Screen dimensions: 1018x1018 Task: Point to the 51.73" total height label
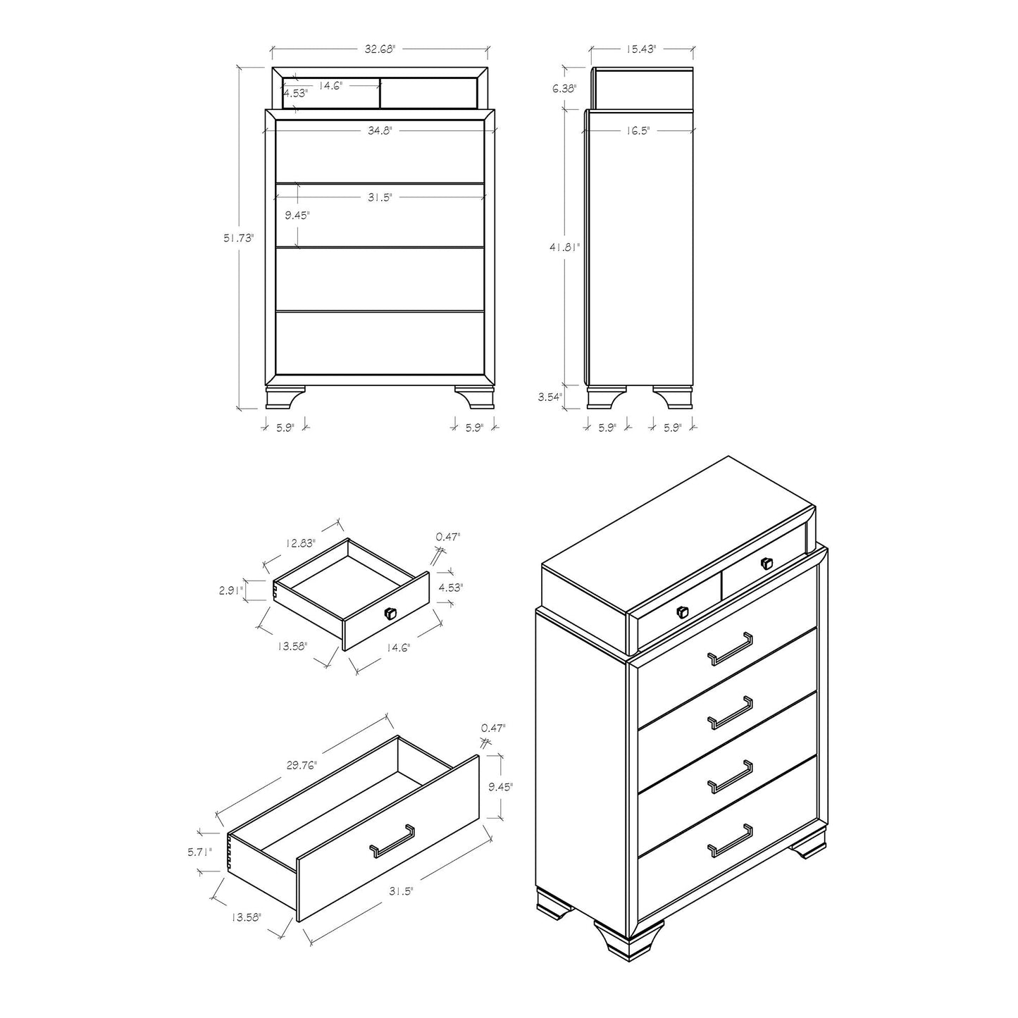pos(238,238)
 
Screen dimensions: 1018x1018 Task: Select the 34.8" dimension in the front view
pos(380,130)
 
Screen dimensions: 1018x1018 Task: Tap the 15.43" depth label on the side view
pos(641,49)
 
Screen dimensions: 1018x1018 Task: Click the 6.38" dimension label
pos(564,89)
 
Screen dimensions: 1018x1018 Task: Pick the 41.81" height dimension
pos(565,247)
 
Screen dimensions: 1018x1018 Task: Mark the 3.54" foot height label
pos(550,397)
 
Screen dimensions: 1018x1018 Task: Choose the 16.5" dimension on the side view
pos(636,130)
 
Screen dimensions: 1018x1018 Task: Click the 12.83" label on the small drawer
pos(300,543)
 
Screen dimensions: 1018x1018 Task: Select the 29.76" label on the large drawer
pos(302,765)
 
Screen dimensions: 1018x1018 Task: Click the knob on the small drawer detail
pos(390,613)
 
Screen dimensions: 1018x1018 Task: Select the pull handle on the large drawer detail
pos(392,841)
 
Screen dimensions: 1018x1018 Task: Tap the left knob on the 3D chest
pos(683,612)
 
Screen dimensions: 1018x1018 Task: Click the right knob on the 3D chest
pos(766,564)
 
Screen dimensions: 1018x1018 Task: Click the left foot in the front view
pos(285,397)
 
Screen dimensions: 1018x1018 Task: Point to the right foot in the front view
pos(474,397)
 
